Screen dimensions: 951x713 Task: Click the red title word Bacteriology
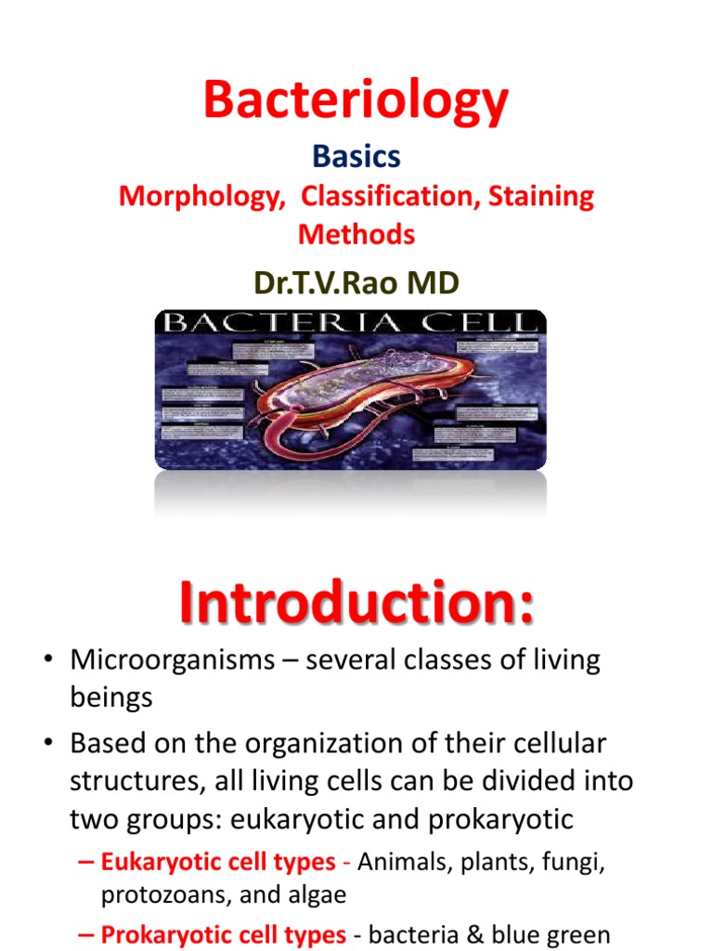(356, 100)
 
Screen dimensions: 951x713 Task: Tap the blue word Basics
(356, 157)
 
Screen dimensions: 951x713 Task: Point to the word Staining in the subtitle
(540, 197)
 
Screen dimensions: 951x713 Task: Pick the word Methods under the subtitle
(356, 234)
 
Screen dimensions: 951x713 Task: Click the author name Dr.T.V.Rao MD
(356, 282)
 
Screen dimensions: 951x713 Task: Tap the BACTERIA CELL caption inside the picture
(350, 324)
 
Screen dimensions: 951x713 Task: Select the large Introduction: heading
(356, 604)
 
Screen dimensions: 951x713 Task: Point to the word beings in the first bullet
(110, 698)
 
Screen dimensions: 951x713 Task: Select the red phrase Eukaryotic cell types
(218, 862)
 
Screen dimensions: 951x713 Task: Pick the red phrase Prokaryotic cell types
(224, 934)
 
